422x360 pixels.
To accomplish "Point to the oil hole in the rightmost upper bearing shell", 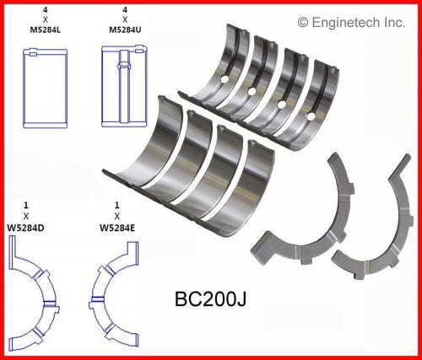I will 311,116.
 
